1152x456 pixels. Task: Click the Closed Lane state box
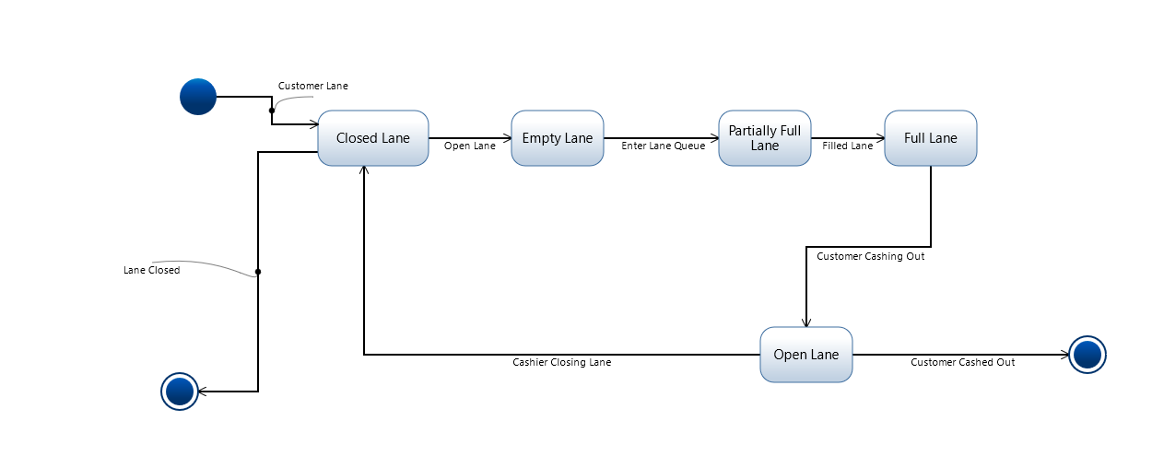click(372, 138)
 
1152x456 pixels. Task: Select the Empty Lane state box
click(557, 138)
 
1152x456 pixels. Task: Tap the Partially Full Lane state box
click(764, 138)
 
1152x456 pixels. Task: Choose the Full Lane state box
click(930, 138)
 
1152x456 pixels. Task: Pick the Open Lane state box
click(805, 355)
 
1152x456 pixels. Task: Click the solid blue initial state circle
click(198, 97)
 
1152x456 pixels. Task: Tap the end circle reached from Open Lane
click(1087, 355)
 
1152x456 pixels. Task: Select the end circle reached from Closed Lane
click(180, 392)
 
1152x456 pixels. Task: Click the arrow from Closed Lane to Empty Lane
click(469, 138)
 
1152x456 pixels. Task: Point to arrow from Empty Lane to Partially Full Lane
click(660, 138)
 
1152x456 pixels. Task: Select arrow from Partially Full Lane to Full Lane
click(847, 138)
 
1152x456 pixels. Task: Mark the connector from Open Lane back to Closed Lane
click(553, 355)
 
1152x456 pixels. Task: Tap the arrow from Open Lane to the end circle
click(958, 355)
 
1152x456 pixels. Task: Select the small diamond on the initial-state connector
click(272, 109)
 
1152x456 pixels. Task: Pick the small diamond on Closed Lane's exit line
click(258, 273)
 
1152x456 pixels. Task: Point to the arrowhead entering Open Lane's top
click(806, 322)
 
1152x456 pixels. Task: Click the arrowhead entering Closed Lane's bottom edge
click(364, 171)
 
